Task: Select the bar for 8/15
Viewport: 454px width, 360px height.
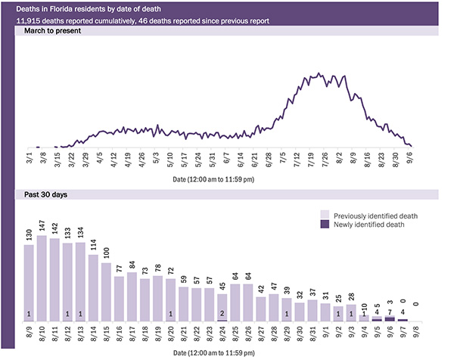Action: (107, 292)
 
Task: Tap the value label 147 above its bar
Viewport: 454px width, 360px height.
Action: (42, 226)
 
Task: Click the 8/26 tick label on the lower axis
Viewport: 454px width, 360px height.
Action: (248, 332)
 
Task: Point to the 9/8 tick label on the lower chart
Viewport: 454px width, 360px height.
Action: (415, 332)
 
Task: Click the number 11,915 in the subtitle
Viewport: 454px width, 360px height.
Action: (29, 20)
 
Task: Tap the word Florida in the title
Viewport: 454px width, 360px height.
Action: (70, 8)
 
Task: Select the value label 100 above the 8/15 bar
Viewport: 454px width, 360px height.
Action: (107, 252)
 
